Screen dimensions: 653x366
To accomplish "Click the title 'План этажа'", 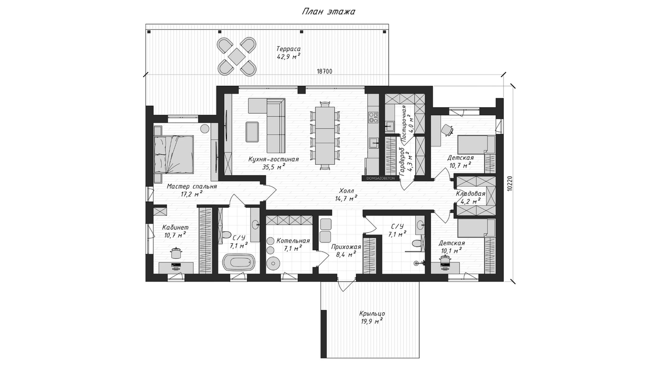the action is pos(329,11).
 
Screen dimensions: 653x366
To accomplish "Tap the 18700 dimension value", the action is pos(324,71).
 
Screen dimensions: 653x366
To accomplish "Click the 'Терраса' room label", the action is pos(288,49).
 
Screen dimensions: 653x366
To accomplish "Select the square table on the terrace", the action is pos(236,56).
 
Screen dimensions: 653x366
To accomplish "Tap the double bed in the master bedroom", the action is pos(174,154).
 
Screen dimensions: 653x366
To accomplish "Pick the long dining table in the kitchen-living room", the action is pos(325,136).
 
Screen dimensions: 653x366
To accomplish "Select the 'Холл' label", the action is pos(346,191).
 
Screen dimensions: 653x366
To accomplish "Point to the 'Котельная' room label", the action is pos(293,241).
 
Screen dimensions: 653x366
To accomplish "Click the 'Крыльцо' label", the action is pos(372,314).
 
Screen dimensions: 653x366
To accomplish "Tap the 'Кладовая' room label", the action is pos(471,194).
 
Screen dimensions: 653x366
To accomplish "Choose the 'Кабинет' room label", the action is pos(175,227).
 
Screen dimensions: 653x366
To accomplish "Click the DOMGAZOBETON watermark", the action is pos(380,178).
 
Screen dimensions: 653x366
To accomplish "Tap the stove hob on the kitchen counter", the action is pos(373,117).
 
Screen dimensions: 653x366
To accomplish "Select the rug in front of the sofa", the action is pos(252,132).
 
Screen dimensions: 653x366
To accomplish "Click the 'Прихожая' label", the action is pos(346,247).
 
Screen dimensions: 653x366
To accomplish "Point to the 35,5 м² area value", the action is pos(273,167).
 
